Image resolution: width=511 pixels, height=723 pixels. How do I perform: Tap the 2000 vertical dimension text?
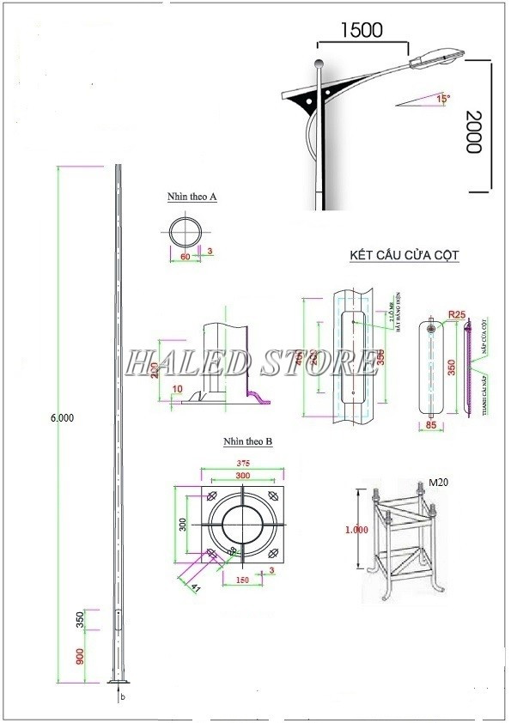pyautogui.click(x=471, y=131)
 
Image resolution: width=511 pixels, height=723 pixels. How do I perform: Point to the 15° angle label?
pyautogui.click(x=443, y=99)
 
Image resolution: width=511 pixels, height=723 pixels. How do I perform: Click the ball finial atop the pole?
pyautogui.click(x=319, y=63)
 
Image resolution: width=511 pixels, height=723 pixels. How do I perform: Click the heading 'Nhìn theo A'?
pyautogui.click(x=192, y=197)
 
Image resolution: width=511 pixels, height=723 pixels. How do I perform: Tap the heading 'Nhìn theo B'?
pyautogui.click(x=247, y=441)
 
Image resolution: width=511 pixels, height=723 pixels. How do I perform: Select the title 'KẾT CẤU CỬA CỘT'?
pyautogui.click(x=405, y=256)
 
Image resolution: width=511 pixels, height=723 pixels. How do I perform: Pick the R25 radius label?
pyautogui.click(x=456, y=315)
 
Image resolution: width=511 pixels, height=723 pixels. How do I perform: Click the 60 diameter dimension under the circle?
pyautogui.click(x=184, y=256)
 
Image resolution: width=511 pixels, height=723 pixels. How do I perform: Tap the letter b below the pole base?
pyautogui.click(x=122, y=696)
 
